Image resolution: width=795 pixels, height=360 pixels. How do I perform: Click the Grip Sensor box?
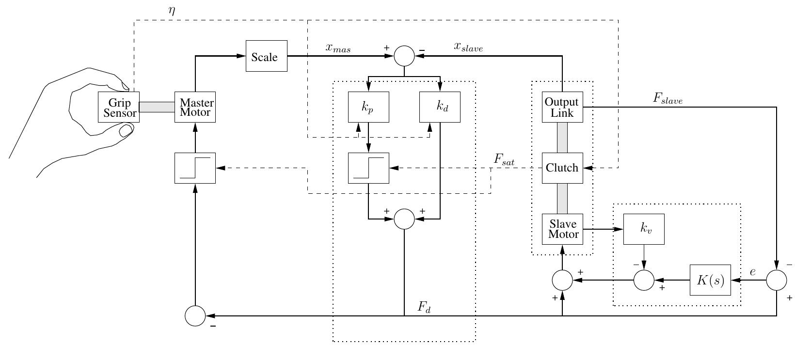click(119, 107)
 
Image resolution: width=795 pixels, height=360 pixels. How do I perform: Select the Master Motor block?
click(195, 107)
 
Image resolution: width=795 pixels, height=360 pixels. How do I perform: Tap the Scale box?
click(266, 56)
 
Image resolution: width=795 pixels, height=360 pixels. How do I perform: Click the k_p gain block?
click(368, 107)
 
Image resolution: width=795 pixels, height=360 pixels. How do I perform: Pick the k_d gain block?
click(440, 107)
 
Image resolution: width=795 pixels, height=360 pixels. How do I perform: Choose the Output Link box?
click(562, 107)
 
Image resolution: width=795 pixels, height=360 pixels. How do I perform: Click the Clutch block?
click(562, 168)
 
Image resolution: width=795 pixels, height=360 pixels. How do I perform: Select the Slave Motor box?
click(562, 229)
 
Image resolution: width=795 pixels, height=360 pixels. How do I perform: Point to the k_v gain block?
click(643, 229)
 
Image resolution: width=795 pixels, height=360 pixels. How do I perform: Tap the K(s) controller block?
click(710, 280)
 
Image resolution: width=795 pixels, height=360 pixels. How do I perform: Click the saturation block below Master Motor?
click(195, 168)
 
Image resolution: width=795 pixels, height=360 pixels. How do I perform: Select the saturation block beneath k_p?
click(368, 168)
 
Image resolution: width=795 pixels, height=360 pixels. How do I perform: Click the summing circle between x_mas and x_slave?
click(404, 56)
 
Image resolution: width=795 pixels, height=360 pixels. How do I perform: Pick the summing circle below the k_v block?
click(644, 280)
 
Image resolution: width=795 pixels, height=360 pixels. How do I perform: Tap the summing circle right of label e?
click(777, 280)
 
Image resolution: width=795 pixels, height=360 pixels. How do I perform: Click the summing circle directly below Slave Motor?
click(562, 280)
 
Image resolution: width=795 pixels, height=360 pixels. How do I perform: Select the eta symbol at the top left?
click(172, 9)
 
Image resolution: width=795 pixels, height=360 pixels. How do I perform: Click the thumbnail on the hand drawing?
click(126, 130)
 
